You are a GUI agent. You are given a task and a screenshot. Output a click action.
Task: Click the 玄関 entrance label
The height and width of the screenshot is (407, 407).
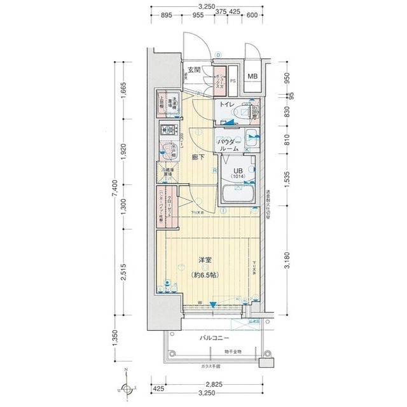(x=195, y=70)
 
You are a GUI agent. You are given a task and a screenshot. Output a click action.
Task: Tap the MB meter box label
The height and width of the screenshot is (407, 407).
(x=253, y=78)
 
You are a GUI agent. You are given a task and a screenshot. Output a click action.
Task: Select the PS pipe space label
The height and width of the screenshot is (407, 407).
(x=233, y=81)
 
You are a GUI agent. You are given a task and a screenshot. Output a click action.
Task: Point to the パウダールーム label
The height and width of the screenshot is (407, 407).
(x=228, y=144)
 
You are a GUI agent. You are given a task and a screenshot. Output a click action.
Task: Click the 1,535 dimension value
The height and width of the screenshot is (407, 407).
(x=287, y=181)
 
